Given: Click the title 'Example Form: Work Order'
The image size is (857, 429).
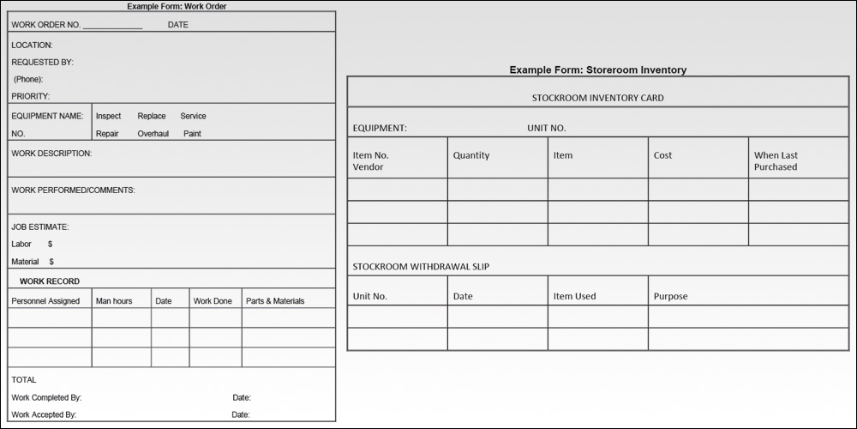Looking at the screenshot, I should (x=177, y=6).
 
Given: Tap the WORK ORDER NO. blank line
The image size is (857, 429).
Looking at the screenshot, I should (x=112, y=27).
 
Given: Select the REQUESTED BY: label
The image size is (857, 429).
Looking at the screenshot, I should (x=42, y=62).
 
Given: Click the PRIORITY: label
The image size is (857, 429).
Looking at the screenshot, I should (x=31, y=96).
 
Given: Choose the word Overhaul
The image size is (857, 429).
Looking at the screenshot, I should (x=153, y=134).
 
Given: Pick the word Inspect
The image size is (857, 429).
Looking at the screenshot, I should (x=108, y=116).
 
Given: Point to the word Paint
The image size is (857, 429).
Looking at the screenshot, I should (x=192, y=134).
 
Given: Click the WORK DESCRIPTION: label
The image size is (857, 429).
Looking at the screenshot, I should (x=51, y=154).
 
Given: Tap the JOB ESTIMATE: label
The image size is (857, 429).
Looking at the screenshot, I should (x=40, y=227).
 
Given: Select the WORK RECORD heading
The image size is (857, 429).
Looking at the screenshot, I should (x=50, y=281).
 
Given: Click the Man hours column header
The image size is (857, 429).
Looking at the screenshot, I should (x=114, y=301).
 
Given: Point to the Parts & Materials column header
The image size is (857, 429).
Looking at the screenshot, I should (x=275, y=301).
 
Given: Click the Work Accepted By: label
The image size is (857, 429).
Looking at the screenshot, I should (x=44, y=414).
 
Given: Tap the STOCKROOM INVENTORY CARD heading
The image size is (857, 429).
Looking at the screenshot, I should (x=597, y=98).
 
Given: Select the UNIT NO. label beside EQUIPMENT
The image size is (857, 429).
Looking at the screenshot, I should (x=546, y=129).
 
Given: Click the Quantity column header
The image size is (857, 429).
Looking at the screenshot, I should (x=471, y=155).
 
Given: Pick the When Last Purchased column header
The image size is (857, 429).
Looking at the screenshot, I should (x=776, y=161).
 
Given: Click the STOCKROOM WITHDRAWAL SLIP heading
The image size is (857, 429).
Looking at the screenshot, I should (x=421, y=267).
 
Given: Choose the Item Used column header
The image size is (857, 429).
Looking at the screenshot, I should (x=574, y=297).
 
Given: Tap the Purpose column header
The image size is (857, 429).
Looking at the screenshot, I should (x=670, y=297).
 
